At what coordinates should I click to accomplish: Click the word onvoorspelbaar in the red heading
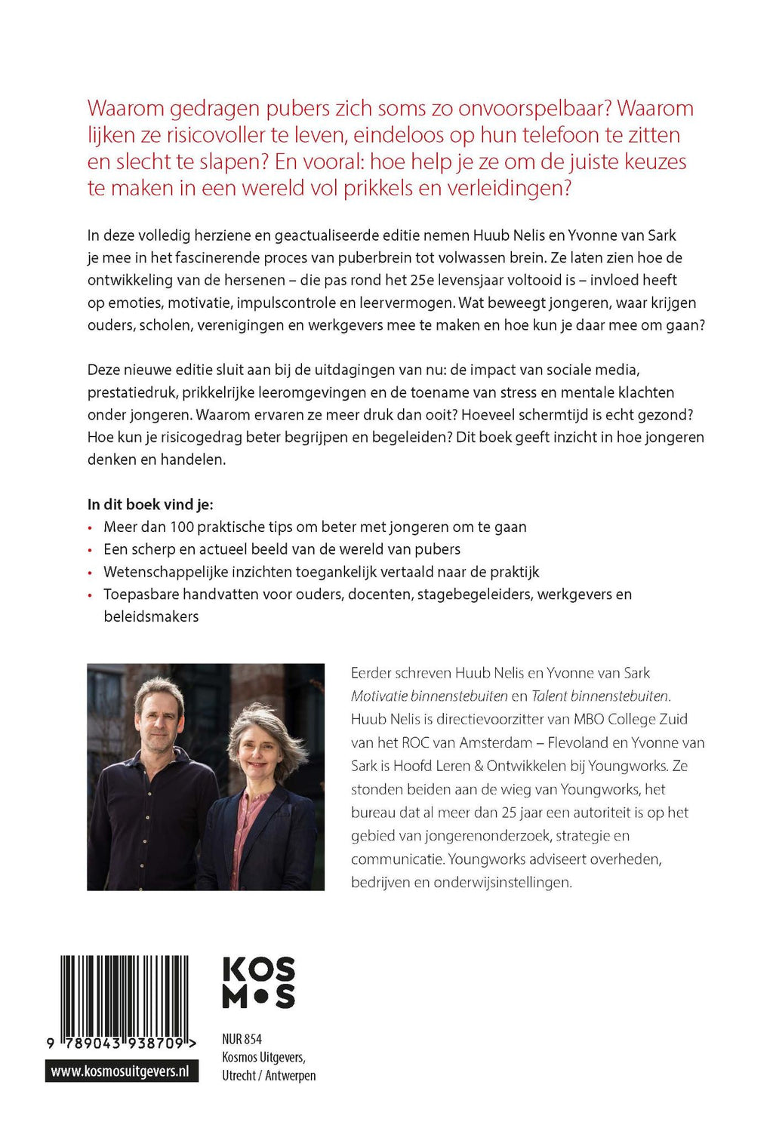point(519,109)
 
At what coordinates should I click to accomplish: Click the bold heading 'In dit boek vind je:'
point(150,504)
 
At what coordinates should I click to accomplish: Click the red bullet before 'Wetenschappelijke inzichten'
point(91,573)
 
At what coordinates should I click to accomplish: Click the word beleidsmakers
point(151,616)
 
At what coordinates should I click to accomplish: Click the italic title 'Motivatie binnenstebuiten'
point(429,696)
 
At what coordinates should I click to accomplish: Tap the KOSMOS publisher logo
point(259,982)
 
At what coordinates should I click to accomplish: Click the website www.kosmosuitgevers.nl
point(121,1071)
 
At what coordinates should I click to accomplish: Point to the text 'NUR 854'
point(242,1039)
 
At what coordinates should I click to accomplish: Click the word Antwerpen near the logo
point(291,1075)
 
